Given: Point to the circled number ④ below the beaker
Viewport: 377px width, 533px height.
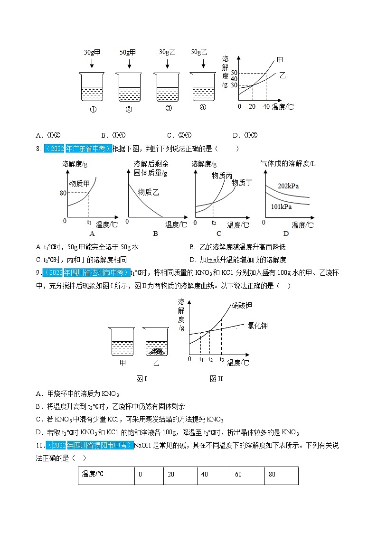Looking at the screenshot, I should (x=203, y=107).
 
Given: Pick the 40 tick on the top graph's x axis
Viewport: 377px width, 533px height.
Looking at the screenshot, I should (x=266, y=106).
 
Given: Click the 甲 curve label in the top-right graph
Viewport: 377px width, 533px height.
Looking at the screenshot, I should (x=280, y=60).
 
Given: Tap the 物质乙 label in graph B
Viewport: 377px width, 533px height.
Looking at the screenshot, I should (x=148, y=192).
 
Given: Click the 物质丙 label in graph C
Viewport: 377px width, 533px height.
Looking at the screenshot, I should (x=222, y=176).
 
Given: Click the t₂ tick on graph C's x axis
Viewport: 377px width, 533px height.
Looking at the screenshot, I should (x=214, y=223).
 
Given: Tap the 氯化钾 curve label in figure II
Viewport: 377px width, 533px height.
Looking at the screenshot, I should (x=257, y=326).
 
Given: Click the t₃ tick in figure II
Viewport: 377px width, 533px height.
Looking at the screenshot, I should (x=221, y=360).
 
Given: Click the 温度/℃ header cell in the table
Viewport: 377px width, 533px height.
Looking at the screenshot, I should (x=105, y=475).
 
